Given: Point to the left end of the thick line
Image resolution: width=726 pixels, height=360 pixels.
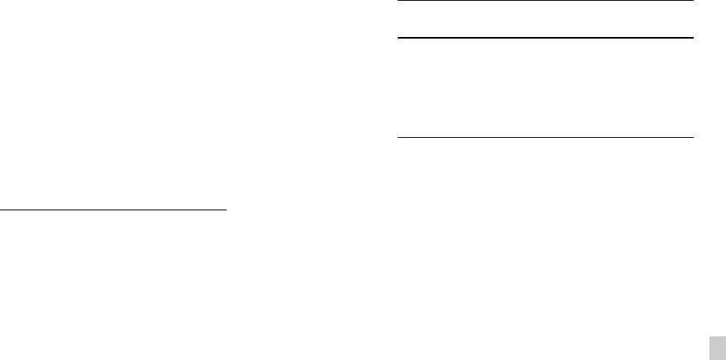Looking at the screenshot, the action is point(397,38).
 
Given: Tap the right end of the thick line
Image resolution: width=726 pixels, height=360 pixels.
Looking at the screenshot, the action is point(694,38).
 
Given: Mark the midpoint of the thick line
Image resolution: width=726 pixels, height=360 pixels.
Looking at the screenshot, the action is point(545,38).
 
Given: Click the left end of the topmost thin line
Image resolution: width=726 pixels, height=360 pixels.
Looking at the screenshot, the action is point(397,1).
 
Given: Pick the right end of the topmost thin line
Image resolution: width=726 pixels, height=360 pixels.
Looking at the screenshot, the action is point(694,1).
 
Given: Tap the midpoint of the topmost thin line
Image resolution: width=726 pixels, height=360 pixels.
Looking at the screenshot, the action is point(545,1).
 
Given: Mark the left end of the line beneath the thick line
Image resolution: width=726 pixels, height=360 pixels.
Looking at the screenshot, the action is point(397,138).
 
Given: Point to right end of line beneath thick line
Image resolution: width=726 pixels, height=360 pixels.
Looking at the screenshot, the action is point(694,138).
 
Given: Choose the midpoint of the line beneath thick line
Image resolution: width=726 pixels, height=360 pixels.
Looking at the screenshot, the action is point(545,138).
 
